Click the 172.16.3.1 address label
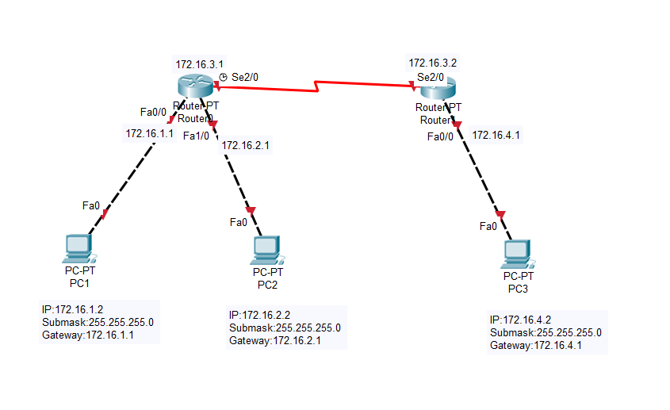point(200,63)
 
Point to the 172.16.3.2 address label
point(433,62)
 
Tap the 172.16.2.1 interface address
point(246,145)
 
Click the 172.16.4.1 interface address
point(496,135)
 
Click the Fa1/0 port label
point(196,136)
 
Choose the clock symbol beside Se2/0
point(223,78)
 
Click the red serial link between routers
point(317,85)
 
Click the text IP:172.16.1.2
point(72,309)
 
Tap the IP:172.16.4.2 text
point(520,320)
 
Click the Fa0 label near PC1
point(91,206)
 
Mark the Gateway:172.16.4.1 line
point(537,346)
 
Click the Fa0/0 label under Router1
point(440,136)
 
